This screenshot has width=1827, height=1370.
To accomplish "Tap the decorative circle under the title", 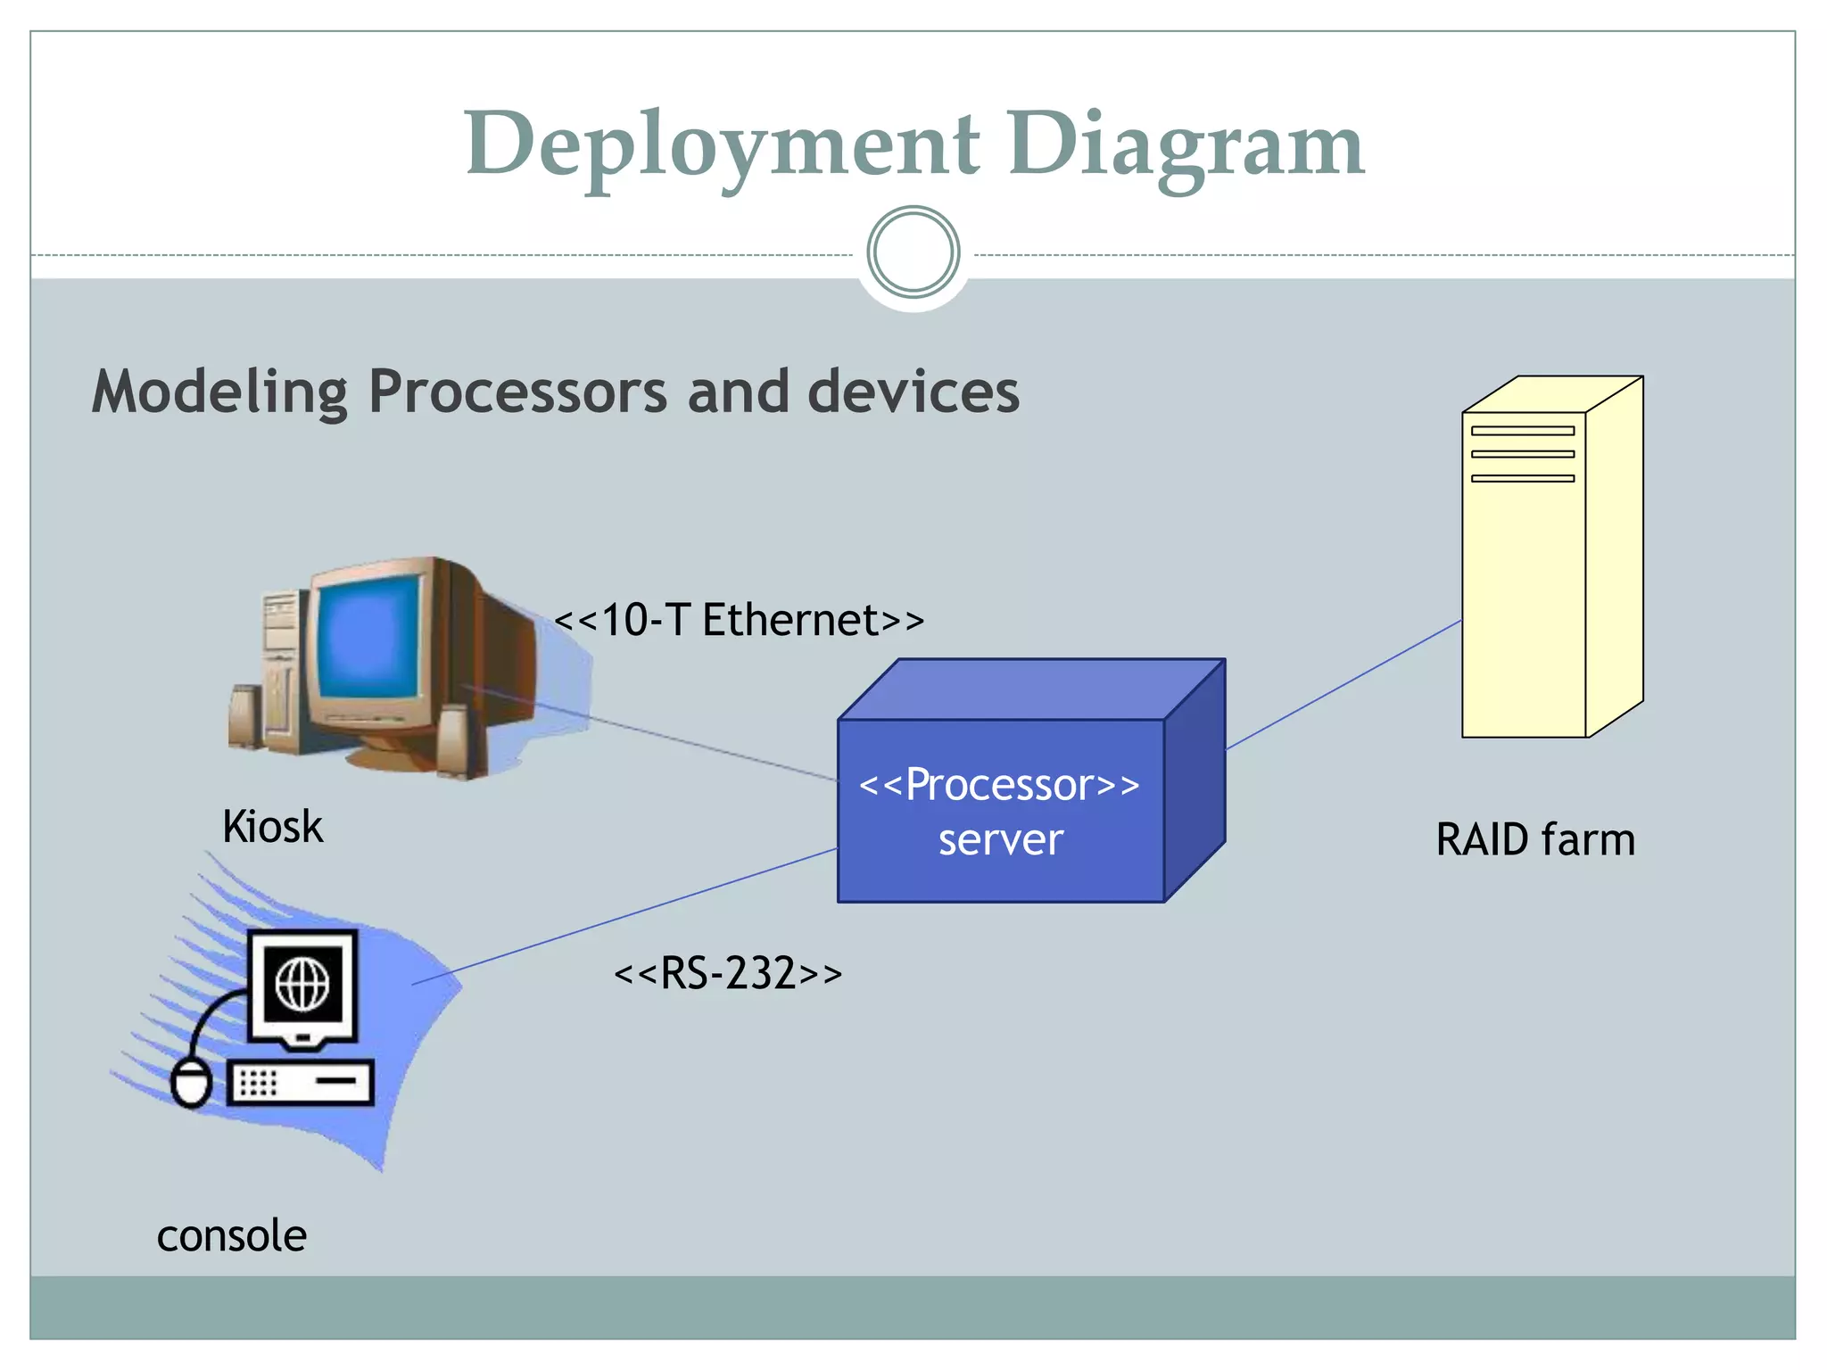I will point(913,252).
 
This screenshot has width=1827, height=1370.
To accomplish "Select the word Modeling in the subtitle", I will point(219,392).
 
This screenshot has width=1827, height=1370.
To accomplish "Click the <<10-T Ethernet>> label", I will point(739,620).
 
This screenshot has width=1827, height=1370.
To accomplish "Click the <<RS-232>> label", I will point(727,973).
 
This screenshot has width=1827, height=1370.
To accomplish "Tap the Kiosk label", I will point(272,827).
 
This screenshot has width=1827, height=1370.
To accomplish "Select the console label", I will point(232,1236).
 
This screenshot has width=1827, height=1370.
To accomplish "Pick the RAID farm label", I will point(1534,840).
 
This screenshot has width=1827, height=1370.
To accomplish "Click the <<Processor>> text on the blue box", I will point(999,785).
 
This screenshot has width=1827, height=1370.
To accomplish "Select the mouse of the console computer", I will point(190,1083).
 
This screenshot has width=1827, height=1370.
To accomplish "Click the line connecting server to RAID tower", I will point(1343,685).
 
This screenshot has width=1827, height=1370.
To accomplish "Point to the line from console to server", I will point(624,916).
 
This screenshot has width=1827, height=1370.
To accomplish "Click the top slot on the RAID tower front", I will point(1522,431).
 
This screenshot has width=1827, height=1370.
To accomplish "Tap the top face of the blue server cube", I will point(1030,689).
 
